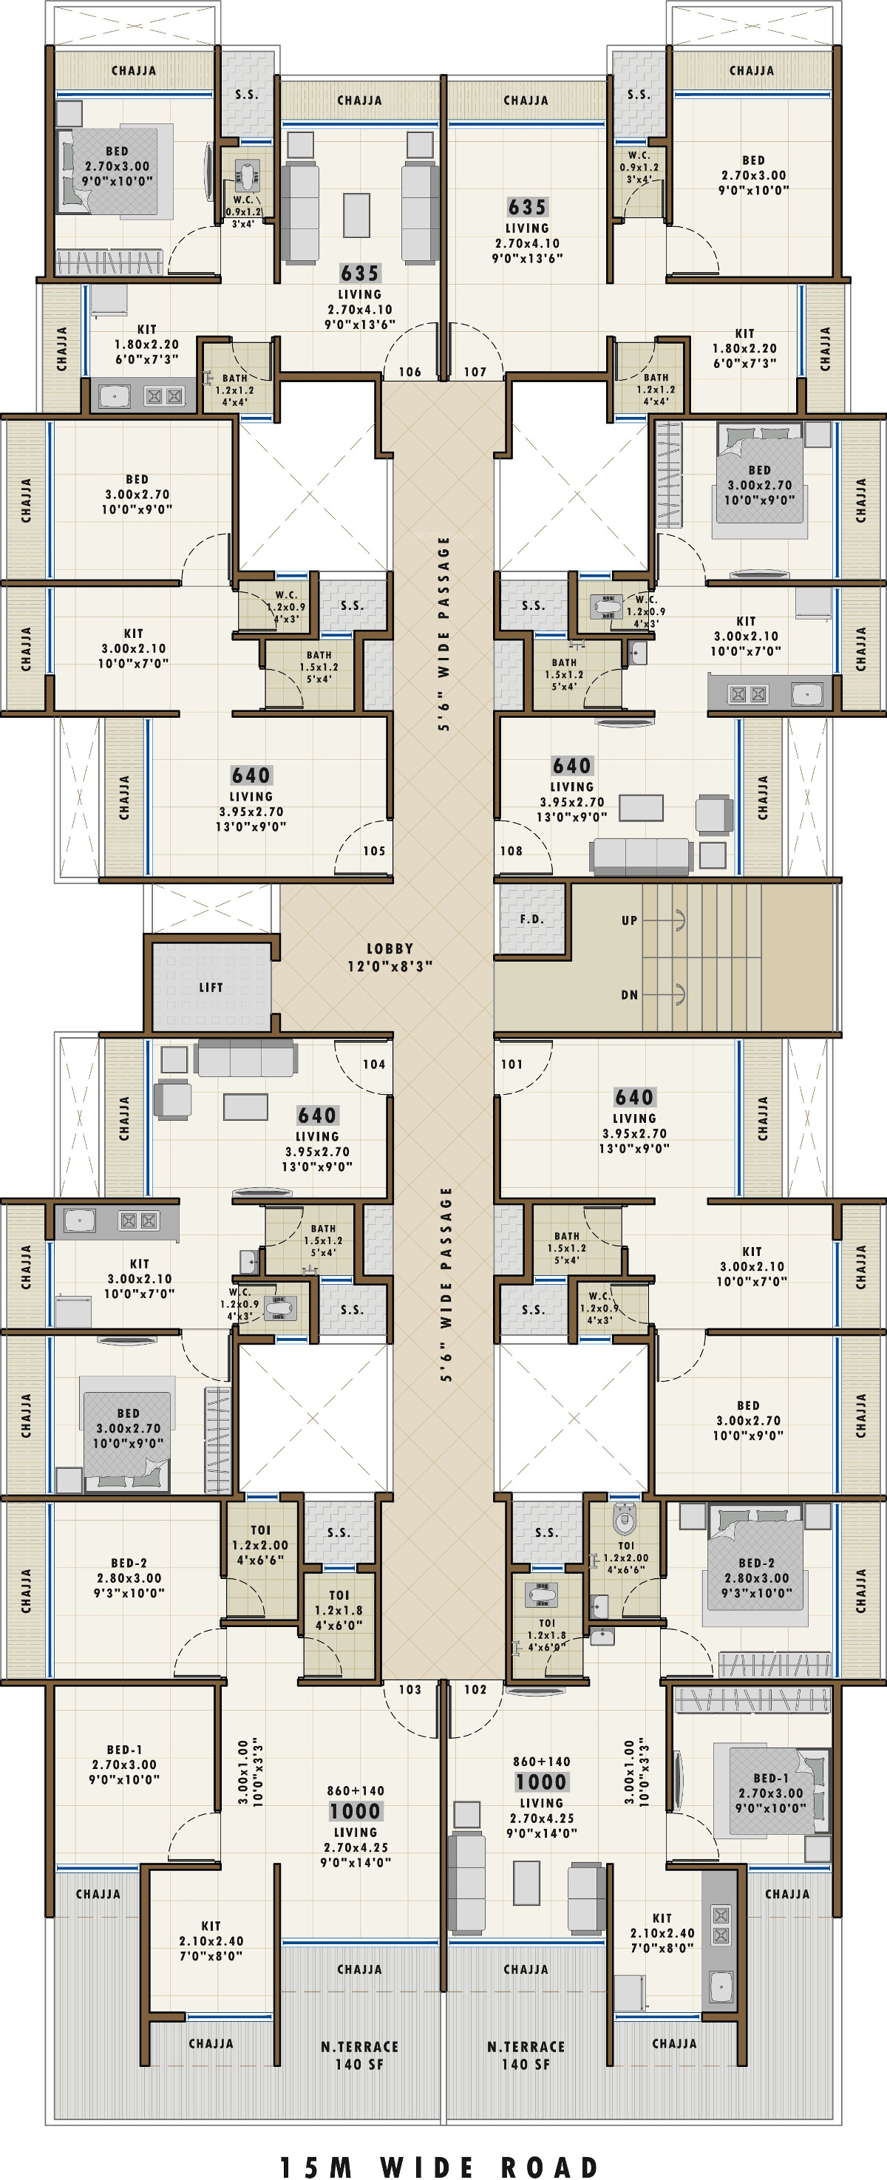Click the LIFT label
coord(211,987)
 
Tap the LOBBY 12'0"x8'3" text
coord(390,957)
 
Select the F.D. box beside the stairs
coord(531,919)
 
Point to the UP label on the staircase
coord(629,920)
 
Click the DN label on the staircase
coord(629,994)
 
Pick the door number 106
coord(409,372)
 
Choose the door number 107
coord(475,372)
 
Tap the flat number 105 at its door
coord(374,851)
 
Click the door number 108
coord(512,851)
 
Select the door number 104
coord(374,1064)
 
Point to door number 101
coord(512,1064)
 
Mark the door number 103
coord(409,1689)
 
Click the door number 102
coord(475,1689)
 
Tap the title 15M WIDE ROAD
coord(439,2161)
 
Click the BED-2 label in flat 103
coord(129,1562)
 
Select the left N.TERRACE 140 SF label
coord(360,2055)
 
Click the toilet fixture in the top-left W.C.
coord(246,176)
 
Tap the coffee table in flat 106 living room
coord(356,215)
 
